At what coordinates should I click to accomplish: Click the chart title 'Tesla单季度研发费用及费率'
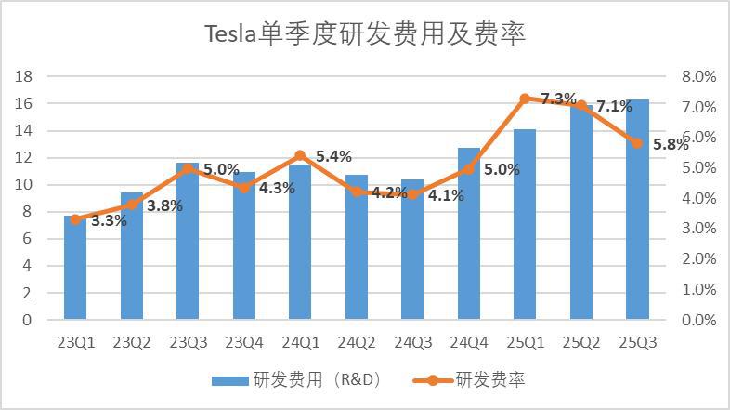click(365, 35)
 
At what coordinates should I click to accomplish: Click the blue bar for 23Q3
click(188, 242)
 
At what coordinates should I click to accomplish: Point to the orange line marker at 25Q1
click(525, 99)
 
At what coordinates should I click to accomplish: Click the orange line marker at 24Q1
click(300, 156)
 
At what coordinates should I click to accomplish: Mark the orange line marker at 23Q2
click(132, 205)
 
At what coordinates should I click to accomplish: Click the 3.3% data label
click(109, 220)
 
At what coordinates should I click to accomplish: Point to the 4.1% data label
click(447, 195)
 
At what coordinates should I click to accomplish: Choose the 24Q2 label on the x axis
click(356, 342)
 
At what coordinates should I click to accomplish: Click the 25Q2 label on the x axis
click(581, 342)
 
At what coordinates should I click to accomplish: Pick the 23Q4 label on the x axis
click(243, 342)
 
